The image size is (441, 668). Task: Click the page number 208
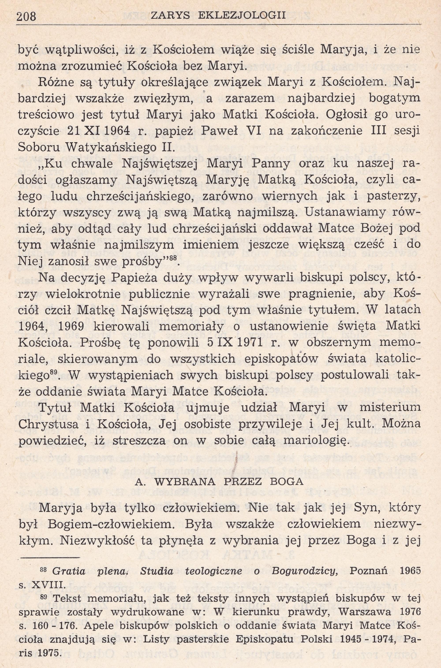tap(26, 17)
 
